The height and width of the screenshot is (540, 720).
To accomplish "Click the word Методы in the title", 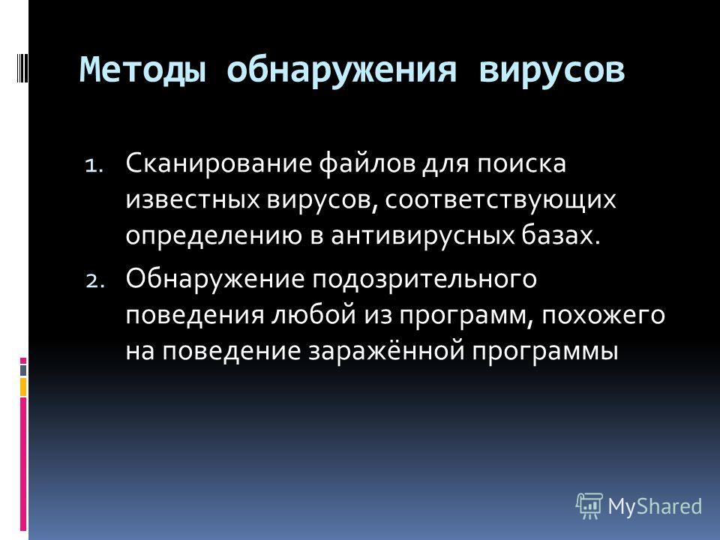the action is point(142,70).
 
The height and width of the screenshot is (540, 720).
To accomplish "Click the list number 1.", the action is point(94,165).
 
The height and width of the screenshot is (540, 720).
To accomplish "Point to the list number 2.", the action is point(95,280).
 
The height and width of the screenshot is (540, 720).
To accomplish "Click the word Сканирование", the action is point(218,163).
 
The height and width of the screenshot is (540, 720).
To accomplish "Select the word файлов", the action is point(367,163).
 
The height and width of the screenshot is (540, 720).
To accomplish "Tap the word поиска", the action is point(521,164).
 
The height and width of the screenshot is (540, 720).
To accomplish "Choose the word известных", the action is point(193,199).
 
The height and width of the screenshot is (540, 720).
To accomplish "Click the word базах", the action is point(561,235).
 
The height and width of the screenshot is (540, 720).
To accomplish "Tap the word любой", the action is point(314,315).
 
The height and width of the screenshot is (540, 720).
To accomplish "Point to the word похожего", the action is point(603,316).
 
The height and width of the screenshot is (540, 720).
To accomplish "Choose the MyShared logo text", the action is point(655,506).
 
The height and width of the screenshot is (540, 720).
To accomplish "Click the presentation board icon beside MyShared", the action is point(589,505).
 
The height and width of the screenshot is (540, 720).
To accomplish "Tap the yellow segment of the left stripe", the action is point(23,388).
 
